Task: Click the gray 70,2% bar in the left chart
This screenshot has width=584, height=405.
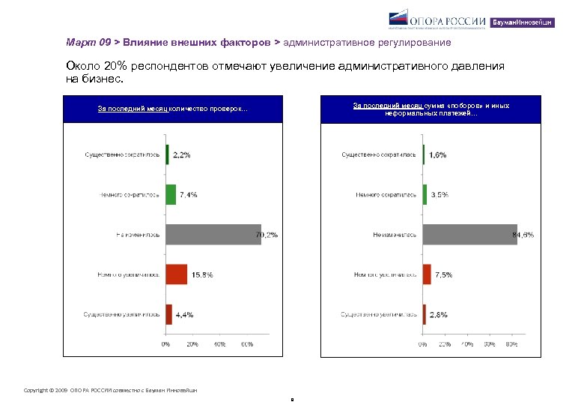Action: (x=213, y=234)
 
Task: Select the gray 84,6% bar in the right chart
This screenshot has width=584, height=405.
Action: (x=469, y=234)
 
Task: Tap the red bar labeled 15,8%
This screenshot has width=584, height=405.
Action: (x=176, y=274)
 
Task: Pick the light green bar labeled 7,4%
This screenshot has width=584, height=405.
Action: (x=171, y=194)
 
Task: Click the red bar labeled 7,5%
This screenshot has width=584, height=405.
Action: (x=427, y=274)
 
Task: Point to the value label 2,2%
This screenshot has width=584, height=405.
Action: (x=182, y=154)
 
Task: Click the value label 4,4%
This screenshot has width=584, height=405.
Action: (x=184, y=314)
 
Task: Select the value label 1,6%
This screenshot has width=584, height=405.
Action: (x=438, y=154)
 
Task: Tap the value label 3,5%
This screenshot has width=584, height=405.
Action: (x=440, y=194)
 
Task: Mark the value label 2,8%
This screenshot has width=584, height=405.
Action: (x=438, y=314)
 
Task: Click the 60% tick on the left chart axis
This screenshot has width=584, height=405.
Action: (x=246, y=344)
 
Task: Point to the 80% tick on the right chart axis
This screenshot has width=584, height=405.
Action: (x=511, y=344)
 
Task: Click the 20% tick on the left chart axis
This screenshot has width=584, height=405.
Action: (x=192, y=344)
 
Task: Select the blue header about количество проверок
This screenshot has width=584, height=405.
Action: (x=173, y=109)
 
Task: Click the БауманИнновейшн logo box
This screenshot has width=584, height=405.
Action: (x=523, y=22)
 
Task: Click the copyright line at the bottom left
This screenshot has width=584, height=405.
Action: (x=111, y=389)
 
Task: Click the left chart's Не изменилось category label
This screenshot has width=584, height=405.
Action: (x=138, y=234)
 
